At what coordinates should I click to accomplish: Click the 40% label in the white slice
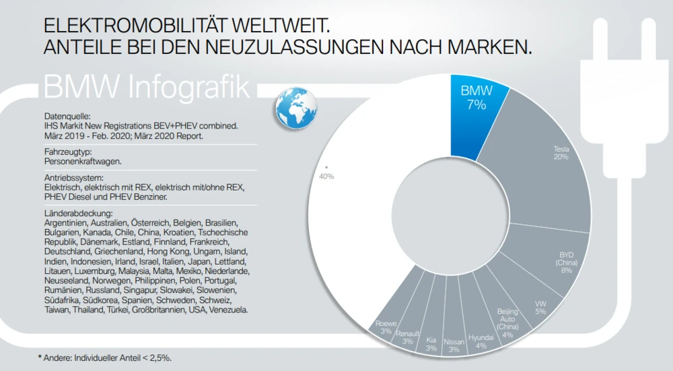[326, 176]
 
